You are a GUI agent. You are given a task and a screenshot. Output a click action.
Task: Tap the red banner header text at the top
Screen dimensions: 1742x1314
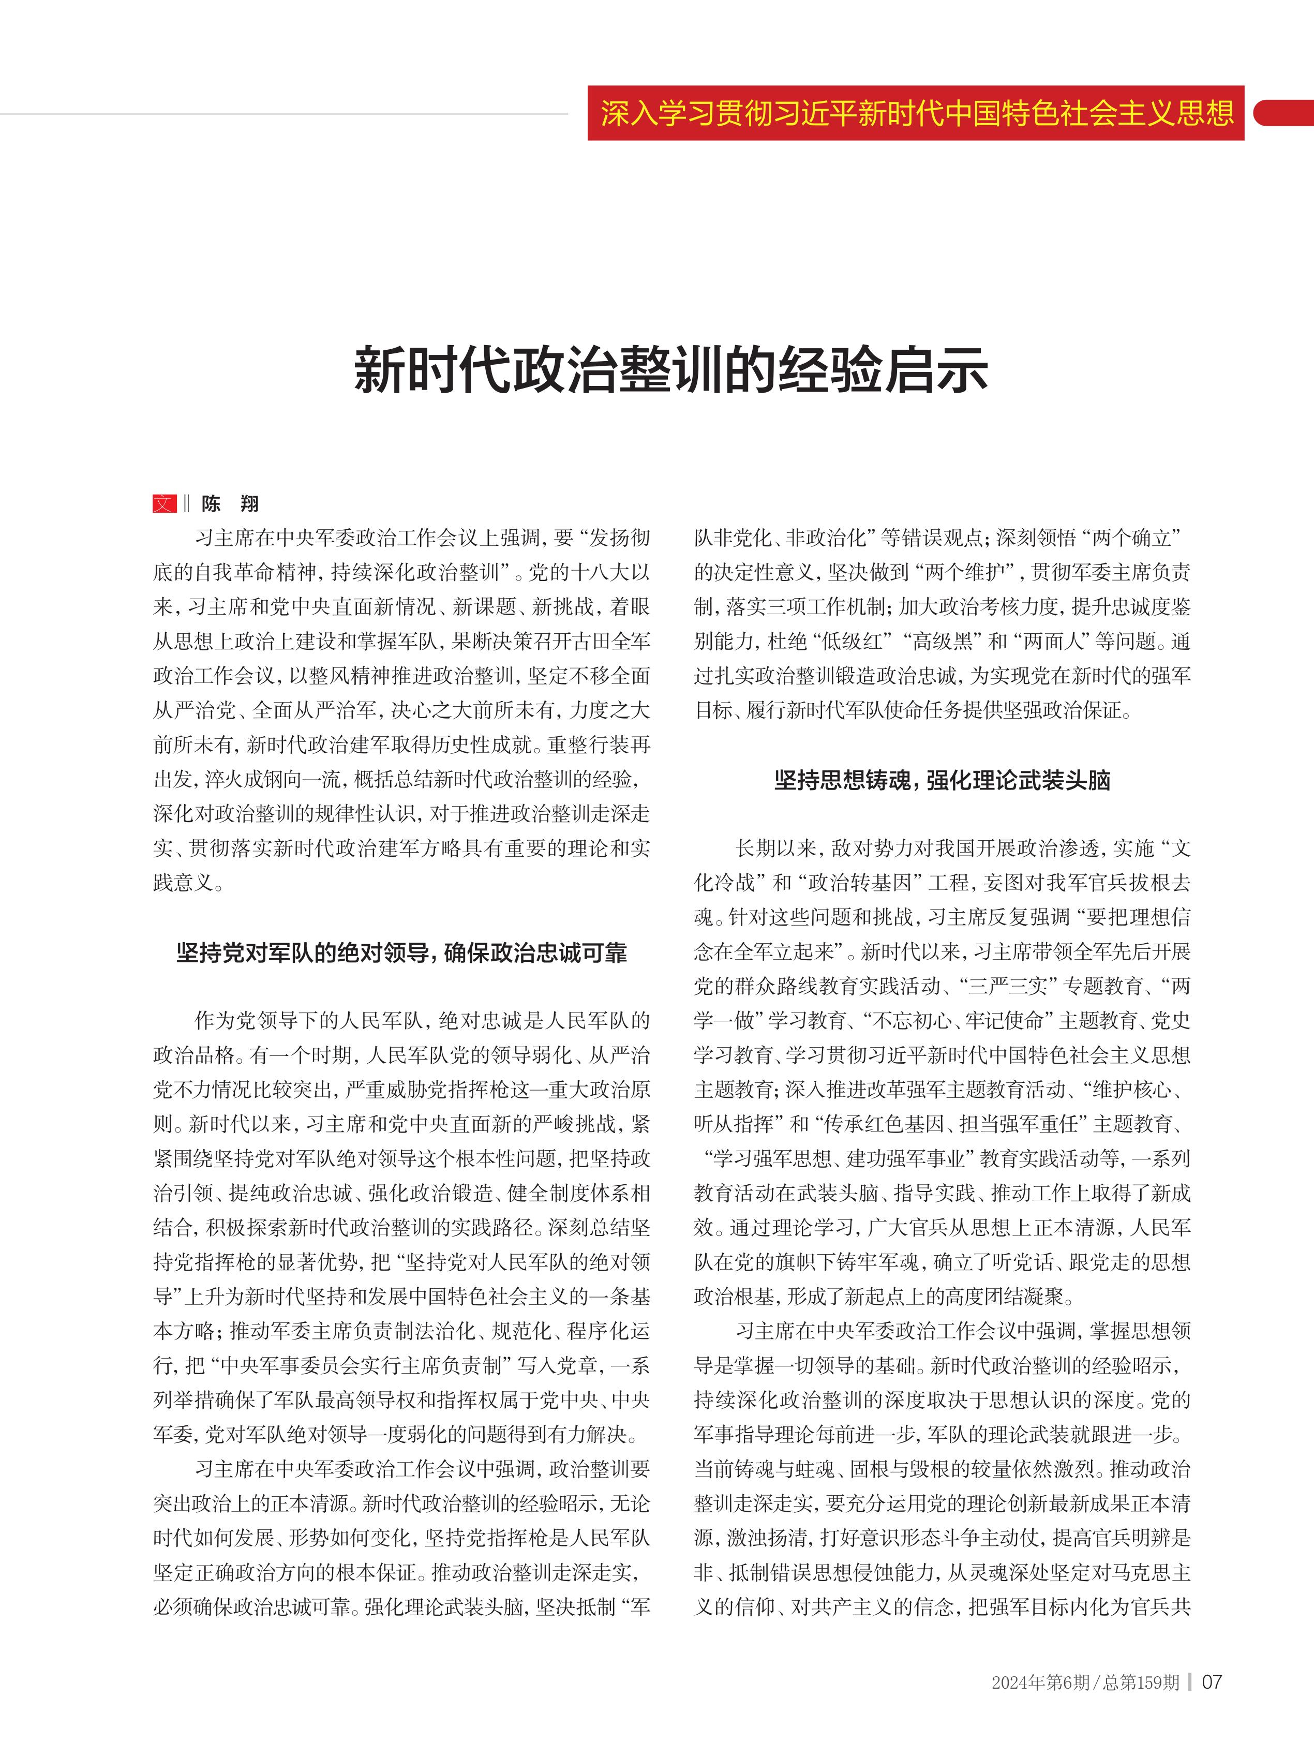pyautogui.click(x=916, y=113)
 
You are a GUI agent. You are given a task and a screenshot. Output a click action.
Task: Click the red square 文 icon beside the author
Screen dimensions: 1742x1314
pyautogui.click(x=164, y=503)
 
